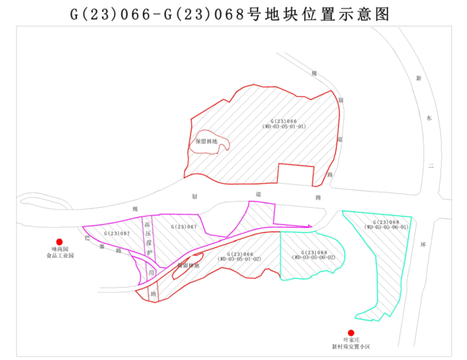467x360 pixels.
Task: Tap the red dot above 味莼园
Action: [59, 241]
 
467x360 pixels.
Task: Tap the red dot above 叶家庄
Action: [351, 333]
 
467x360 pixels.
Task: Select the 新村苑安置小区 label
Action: [351, 347]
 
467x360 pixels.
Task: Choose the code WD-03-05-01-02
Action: [240, 259]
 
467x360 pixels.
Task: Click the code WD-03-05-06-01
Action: [386, 227]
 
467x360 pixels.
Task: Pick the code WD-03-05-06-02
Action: [314, 258]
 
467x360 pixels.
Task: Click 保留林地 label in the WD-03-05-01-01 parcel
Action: [206, 142]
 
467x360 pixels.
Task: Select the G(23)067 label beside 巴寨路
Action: [115, 234]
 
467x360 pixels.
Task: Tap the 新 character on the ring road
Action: [418, 79]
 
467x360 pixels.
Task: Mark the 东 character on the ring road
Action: [428, 118]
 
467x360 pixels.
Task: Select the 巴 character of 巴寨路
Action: [88, 238]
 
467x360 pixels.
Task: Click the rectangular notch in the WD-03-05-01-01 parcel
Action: [295, 174]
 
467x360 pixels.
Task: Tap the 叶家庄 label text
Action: [351, 340]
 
